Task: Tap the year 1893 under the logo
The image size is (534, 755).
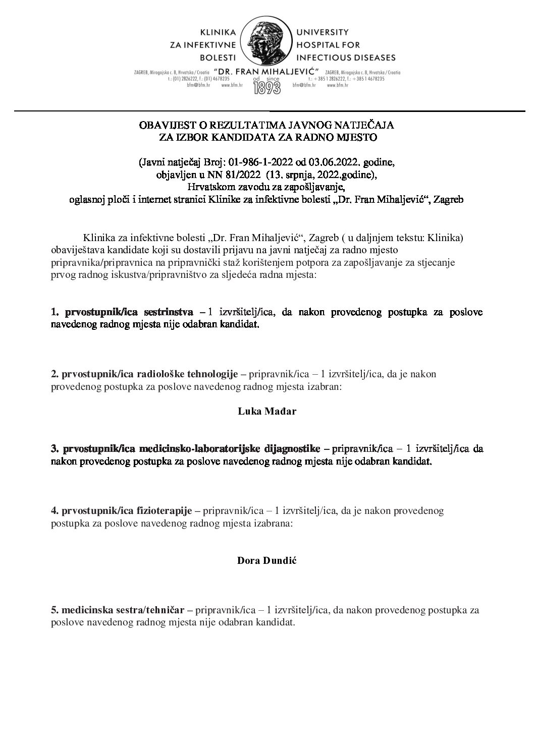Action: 267,88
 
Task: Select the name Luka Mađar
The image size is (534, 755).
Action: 267,411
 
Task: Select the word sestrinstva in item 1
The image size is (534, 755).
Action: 172,312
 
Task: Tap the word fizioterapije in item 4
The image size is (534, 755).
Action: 165,511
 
